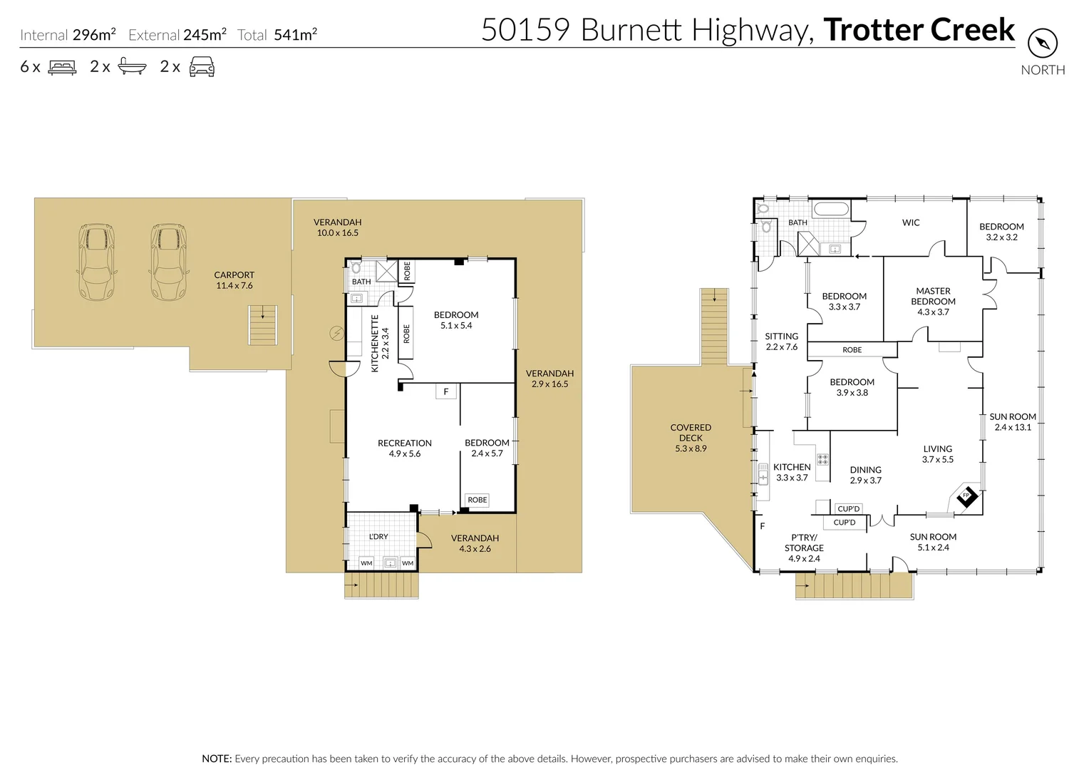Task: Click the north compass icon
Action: [1043, 43]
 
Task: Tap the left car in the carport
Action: [97, 262]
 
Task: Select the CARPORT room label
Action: [234, 274]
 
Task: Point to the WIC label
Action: [910, 222]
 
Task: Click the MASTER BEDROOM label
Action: [933, 296]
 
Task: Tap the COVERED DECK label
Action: [691, 432]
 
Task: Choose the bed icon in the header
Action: [62, 67]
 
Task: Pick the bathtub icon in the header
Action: [132, 66]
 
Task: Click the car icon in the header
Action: [202, 66]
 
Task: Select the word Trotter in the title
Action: [872, 29]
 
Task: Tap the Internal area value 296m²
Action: [94, 35]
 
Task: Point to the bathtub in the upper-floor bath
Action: [830, 210]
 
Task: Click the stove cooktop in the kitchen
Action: [822, 459]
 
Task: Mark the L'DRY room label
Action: [378, 536]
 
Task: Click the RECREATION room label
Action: [405, 443]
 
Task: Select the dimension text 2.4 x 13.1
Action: [1013, 427]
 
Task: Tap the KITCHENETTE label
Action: [375, 343]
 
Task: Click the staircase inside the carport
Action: [262, 325]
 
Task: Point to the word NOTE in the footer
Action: [217, 759]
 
